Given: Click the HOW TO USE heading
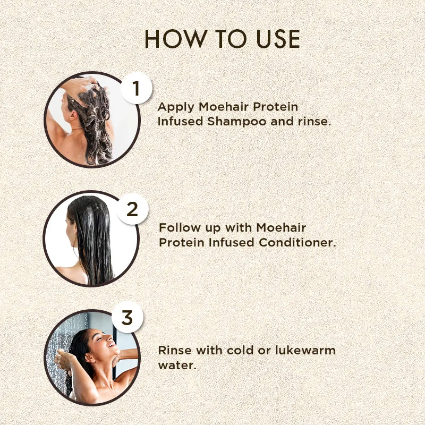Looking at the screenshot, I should pyautogui.click(x=222, y=40).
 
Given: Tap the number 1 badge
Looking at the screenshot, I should pyautogui.click(x=136, y=88).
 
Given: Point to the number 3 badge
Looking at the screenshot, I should pyautogui.click(x=127, y=318).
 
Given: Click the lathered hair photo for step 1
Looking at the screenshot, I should pyautogui.click(x=91, y=120).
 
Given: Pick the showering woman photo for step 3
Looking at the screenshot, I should pyautogui.click(x=91, y=358).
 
